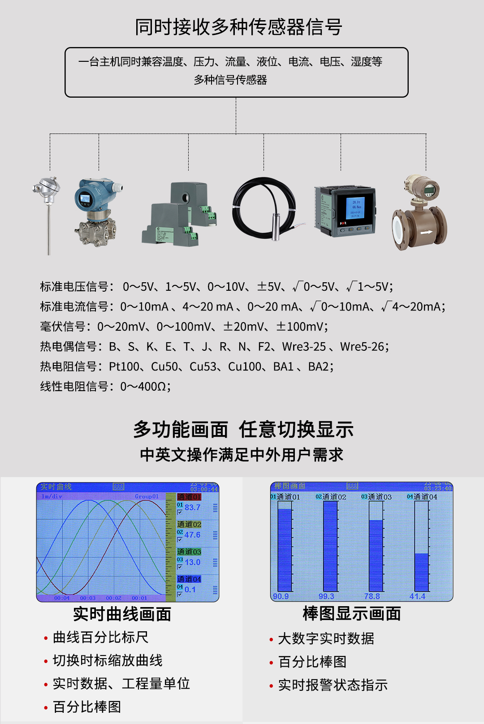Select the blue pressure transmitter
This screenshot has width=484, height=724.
pos(95,211)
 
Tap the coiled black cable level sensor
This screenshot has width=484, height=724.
pos(264,208)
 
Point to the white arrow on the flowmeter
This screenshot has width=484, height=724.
pos(426,232)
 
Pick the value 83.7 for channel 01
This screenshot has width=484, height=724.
pos(193,508)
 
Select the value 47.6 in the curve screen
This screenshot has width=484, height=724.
pos(192,535)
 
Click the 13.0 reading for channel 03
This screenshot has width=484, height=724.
pos(193,562)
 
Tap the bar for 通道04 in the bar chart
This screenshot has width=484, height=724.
pos(422,572)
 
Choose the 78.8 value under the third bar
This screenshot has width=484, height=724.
pos(372,596)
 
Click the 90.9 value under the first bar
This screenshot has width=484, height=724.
pos(281,596)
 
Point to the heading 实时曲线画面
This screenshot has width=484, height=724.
pos(122,614)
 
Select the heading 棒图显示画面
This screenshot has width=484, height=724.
pos(352,614)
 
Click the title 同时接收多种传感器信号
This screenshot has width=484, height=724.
pos(238,27)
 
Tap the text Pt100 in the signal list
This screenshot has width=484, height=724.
pos(124,366)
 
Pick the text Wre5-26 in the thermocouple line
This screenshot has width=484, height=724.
pos(362,346)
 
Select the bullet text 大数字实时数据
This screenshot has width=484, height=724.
pos(326,638)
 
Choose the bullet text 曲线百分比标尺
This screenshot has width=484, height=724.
pos(100,637)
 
